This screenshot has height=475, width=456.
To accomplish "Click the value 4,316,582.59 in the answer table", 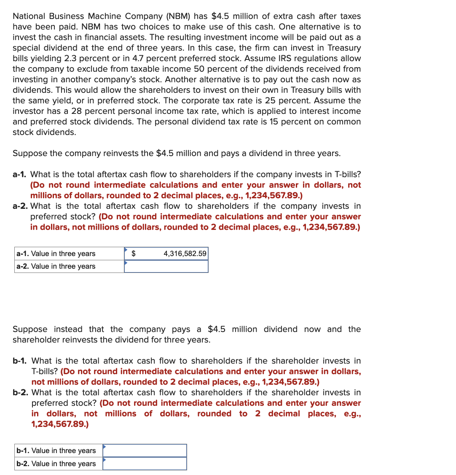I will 185,254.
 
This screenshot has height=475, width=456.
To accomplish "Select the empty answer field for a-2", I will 166,267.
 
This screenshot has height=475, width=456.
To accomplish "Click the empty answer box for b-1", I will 145,451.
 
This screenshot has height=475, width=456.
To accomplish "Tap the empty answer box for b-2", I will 145,464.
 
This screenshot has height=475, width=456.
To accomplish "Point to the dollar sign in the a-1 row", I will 134,254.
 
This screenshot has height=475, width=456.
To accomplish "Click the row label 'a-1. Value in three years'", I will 56,254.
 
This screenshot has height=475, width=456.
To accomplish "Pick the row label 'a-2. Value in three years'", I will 56,266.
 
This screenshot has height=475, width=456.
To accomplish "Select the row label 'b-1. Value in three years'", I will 56,451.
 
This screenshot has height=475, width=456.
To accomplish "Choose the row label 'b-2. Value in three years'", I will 56,464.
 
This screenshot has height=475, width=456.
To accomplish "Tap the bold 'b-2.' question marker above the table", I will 21,392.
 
